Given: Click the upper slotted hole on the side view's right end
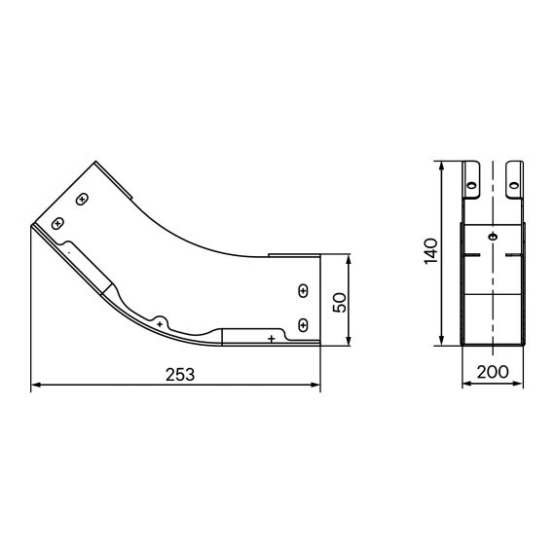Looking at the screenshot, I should pos(303,291).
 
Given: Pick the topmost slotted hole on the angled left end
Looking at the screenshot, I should pos(83,200).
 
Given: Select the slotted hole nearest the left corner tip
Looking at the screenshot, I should pos(57,223).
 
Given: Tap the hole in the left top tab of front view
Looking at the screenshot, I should pos(471,181).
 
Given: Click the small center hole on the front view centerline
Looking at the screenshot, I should pos(495,238).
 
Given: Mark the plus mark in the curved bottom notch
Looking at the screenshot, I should pos(160,322).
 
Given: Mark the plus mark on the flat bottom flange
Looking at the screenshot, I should pos(270,338).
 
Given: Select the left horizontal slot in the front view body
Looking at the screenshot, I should pos(472,255).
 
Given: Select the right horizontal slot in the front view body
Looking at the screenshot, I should pos(516,255).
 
